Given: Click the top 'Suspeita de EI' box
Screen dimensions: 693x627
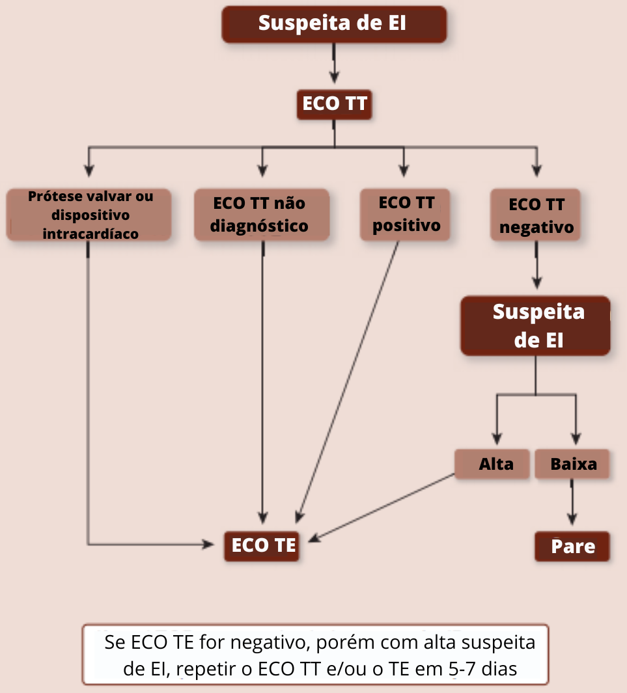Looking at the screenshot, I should coord(334,24).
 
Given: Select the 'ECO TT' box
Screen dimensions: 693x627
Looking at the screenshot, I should coord(334,104).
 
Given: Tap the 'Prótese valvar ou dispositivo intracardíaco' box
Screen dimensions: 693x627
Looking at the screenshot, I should coord(89,215).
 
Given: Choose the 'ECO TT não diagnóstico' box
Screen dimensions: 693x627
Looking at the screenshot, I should coord(261,215).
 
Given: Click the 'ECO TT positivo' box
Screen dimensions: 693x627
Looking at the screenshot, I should coord(406,215).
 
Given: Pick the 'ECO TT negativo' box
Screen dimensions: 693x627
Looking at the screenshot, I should coord(536,216).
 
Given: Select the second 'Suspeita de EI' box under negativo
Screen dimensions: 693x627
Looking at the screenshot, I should coord(536,326).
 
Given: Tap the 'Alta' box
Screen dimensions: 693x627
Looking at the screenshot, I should coord(493,464).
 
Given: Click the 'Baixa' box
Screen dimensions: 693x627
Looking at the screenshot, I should coord(573,464).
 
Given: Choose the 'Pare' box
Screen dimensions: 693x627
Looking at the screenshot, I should coord(572,546).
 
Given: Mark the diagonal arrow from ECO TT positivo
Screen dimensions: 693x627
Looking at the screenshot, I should coord(348,381).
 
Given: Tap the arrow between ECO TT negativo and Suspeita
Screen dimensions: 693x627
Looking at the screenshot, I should coord(536,265).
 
